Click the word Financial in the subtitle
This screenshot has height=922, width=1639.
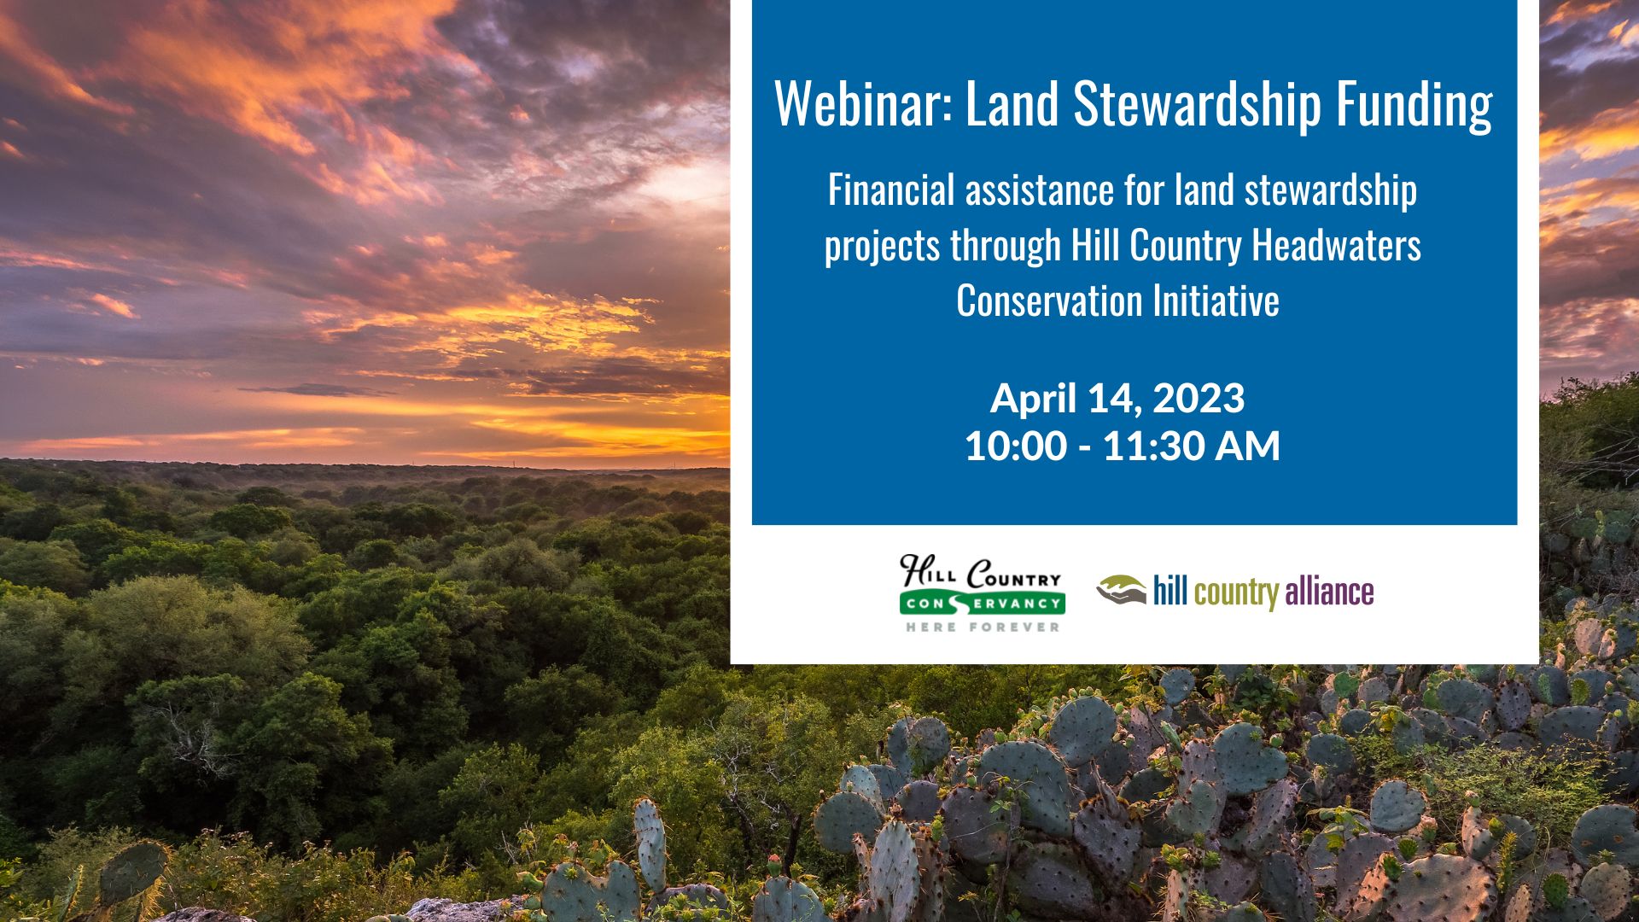coord(891,190)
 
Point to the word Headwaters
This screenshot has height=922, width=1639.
coord(1336,245)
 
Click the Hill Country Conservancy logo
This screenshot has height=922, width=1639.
coord(981,593)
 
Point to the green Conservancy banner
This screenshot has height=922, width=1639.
coord(981,603)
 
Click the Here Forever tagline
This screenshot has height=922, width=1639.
coord(983,627)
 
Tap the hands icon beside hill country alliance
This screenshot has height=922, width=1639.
coord(1122,589)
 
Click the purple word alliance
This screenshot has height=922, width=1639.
coord(1329,592)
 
